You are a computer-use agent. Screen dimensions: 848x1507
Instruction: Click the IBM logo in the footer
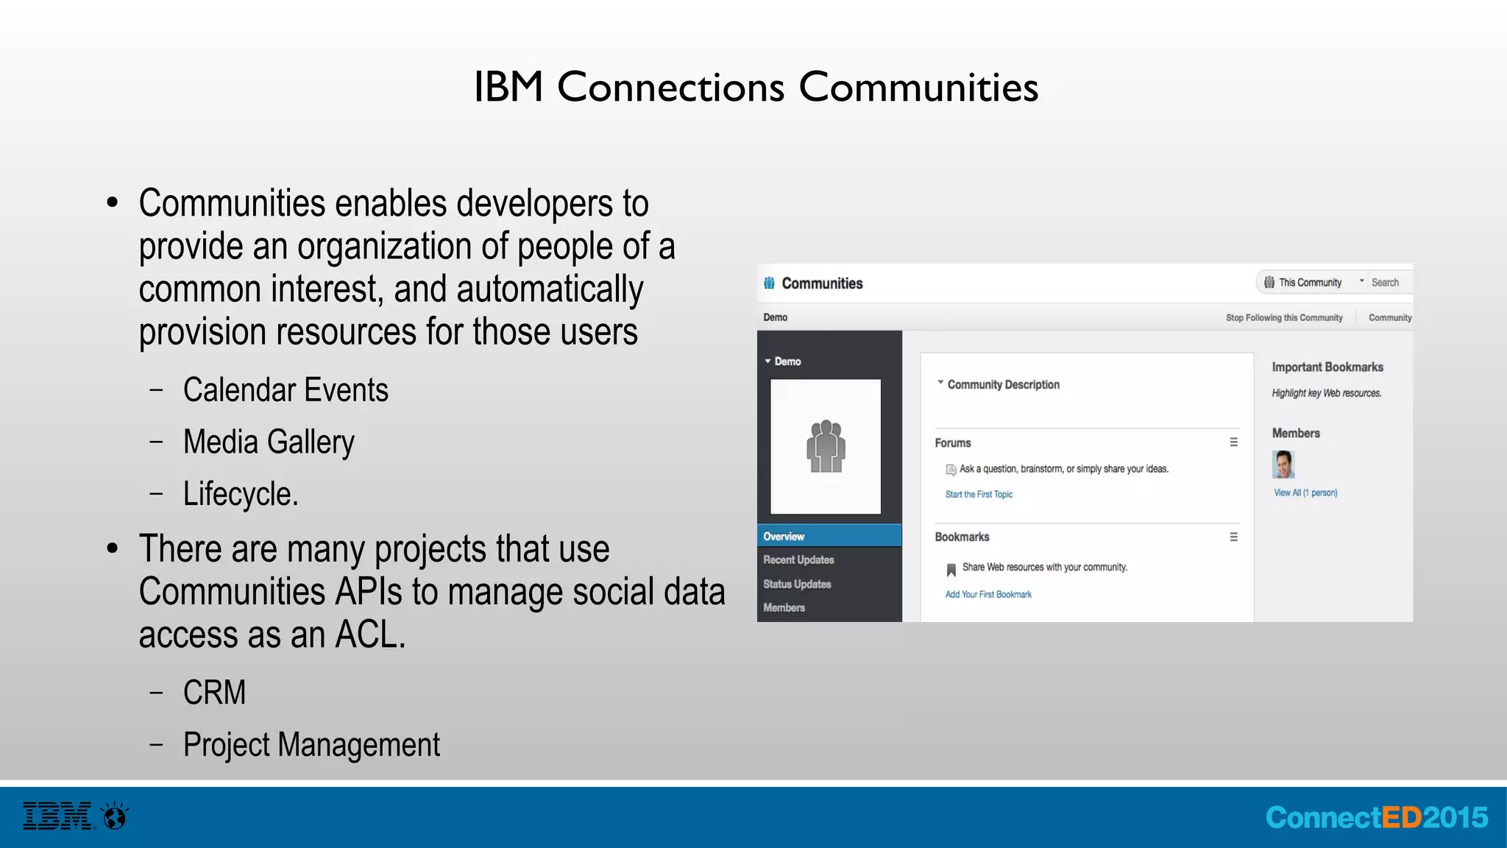click(57, 816)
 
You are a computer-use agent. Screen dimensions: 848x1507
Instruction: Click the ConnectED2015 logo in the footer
click(1376, 818)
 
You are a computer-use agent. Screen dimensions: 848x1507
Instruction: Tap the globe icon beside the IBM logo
click(116, 816)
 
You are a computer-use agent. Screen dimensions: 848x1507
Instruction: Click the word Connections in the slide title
click(670, 88)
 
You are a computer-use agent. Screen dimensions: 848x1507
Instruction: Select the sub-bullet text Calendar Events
click(286, 390)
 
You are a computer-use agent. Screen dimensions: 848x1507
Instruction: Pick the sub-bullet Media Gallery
click(269, 442)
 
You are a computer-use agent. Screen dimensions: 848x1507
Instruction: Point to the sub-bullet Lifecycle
click(241, 494)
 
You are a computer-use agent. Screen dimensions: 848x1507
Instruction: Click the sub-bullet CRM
click(214, 693)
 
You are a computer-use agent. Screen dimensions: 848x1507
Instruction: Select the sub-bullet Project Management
click(311, 745)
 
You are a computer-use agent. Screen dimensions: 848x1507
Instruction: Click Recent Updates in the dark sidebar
click(798, 560)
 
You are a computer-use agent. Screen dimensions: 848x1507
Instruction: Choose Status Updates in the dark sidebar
click(797, 584)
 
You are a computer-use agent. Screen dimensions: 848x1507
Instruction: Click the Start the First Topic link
click(979, 495)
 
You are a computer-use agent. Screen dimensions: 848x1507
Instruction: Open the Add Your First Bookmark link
click(988, 595)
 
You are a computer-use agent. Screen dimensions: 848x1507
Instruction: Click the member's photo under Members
click(1283, 464)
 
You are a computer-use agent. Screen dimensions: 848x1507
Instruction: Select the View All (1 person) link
click(1305, 493)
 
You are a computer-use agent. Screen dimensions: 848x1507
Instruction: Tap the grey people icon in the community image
click(826, 446)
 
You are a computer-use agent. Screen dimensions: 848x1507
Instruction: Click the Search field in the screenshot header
click(1389, 283)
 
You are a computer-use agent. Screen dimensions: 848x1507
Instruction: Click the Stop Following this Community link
click(1284, 318)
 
